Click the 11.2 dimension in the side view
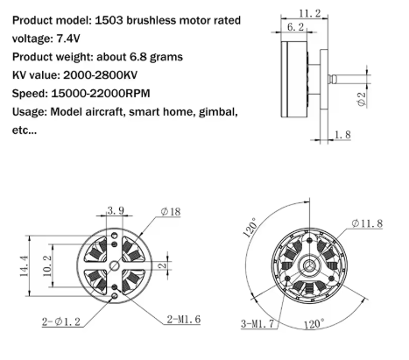[x=310, y=13]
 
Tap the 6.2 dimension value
[x=295, y=27]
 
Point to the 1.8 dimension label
[x=342, y=135]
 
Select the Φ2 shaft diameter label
[x=362, y=100]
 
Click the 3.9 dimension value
[x=116, y=210]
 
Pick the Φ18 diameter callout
[x=171, y=211]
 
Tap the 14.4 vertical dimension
[x=25, y=265]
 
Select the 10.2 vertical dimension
[x=47, y=265]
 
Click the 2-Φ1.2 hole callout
[x=61, y=321]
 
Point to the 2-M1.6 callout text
[x=184, y=320]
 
